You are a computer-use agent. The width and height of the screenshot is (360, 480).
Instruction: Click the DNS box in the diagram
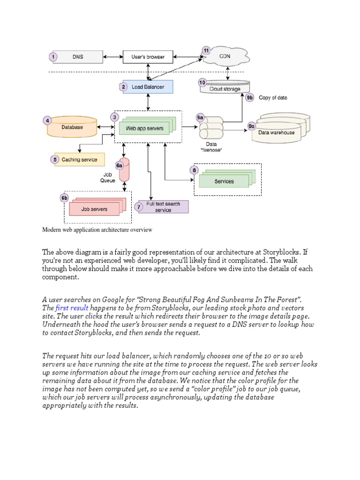point(78,57)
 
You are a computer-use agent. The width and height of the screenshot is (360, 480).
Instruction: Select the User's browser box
point(148,57)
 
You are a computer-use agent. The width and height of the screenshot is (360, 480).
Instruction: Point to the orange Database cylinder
point(72,127)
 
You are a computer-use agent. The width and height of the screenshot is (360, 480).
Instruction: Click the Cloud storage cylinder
point(225,88)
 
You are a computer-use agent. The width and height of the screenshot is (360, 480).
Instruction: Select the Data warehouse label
point(277,133)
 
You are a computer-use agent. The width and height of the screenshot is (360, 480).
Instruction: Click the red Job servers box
point(94,209)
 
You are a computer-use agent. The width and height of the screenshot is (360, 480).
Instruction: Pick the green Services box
point(224,181)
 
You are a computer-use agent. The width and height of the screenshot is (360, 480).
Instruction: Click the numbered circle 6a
point(120,165)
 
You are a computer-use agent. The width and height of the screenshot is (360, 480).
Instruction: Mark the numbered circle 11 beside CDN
point(206,50)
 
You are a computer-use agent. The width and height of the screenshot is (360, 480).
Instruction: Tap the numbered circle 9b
point(249,97)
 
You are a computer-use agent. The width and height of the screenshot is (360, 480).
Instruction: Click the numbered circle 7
point(138,206)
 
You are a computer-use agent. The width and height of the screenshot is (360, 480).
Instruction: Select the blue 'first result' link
point(72,308)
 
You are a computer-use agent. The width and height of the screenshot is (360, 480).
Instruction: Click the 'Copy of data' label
point(273,98)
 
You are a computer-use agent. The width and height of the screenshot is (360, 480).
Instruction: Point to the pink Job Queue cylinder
point(124,171)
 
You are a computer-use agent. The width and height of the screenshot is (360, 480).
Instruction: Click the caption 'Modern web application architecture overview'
point(97,230)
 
